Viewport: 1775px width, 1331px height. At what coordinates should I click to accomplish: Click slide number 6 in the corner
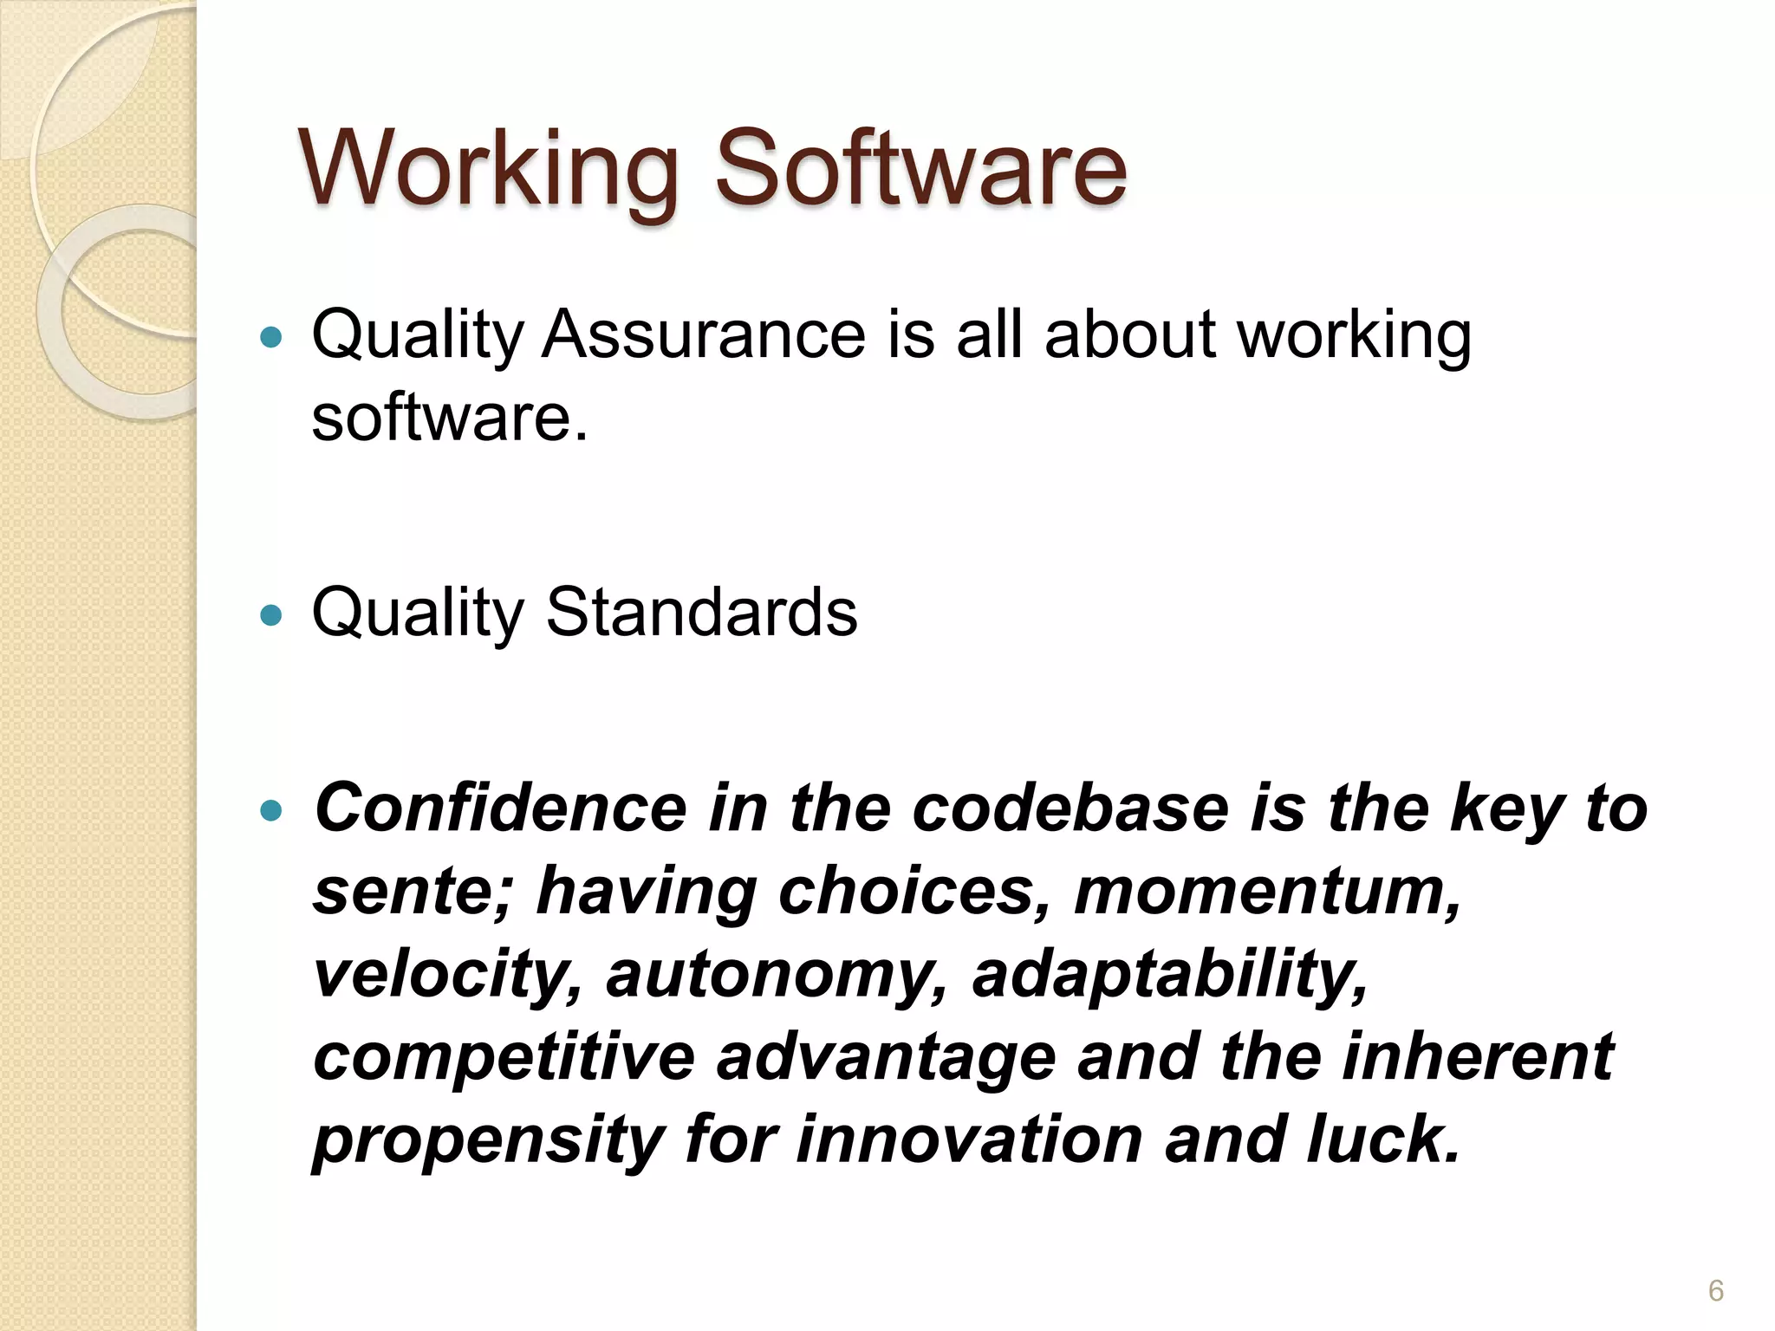click(1715, 1291)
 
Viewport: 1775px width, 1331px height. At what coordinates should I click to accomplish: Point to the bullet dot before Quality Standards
click(271, 615)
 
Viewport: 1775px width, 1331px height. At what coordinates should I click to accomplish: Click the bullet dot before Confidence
click(271, 810)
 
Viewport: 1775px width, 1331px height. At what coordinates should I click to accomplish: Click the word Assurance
click(703, 334)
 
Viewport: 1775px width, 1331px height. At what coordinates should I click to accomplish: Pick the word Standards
click(701, 612)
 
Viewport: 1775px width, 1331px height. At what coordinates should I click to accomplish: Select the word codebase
click(1070, 808)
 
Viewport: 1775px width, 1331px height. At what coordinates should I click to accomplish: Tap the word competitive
click(504, 1057)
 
